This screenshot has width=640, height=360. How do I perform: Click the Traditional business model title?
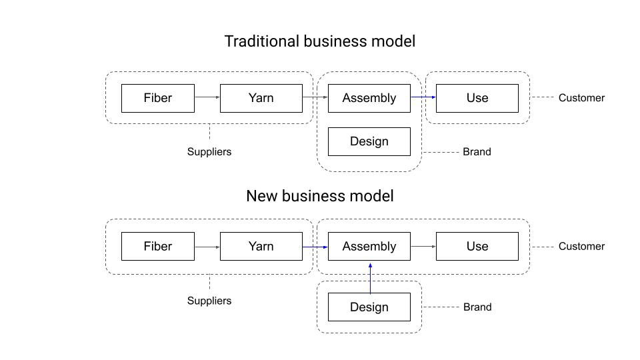click(x=319, y=41)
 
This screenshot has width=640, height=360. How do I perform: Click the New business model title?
click(x=319, y=196)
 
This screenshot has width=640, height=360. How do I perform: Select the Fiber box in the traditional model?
click(x=158, y=98)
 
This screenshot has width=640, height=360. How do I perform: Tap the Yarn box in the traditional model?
click(x=261, y=98)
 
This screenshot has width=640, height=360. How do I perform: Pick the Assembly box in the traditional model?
click(x=369, y=98)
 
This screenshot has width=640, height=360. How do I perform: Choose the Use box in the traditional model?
click(x=477, y=98)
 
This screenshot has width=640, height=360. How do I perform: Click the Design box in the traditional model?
click(x=369, y=141)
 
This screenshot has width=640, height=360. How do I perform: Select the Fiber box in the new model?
click(x=158, y=246)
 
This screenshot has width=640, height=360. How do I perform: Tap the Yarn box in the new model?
click(x=261, y=246)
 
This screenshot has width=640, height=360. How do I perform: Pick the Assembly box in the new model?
click(x=369, y=246)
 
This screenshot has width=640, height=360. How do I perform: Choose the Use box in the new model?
click(x=477, y=246)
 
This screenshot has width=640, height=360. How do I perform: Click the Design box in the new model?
click(x=369, y=307)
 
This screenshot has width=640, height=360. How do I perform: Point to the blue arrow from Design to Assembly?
click(x=370, y=277)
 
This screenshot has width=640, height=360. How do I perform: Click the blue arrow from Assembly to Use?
click(x=423, y=97)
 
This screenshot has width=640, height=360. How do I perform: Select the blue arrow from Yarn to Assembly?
click(x=315, y=247)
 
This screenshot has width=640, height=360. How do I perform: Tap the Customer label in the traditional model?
click(x=581, y=98)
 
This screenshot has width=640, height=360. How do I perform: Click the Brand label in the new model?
click(x=477, y=307)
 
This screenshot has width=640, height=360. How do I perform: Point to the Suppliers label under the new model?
click(x=209, y=301)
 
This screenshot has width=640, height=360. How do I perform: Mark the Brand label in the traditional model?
click(x=477, y=152)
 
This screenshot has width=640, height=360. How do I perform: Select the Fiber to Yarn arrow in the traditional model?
click(x=207, y=98)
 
